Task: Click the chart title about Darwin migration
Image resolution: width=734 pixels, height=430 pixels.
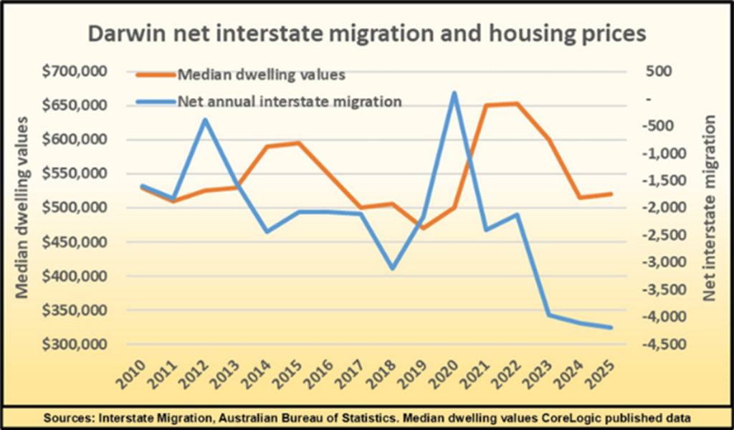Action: pos(367,33)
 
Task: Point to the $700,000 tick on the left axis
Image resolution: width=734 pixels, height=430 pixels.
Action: pos(75,72)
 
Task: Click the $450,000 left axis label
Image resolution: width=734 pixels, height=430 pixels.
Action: pos(75,242)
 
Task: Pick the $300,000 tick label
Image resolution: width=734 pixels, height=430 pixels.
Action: pos(75,345)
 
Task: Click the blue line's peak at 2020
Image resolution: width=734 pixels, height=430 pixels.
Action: pos(454,92)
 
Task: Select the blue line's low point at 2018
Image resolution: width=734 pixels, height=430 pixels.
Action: pos(391,269)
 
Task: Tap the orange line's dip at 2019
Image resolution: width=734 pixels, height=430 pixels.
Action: pos(423,228)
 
